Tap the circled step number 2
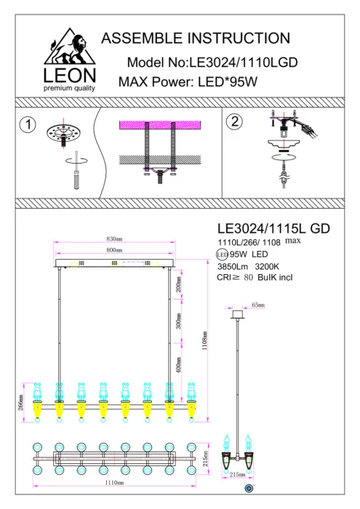point(234,121)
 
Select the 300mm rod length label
point(179,323)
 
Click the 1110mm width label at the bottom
point(113,482)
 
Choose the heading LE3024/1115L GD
point(273,228)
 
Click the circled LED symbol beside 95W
point(223,254)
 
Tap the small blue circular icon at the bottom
point(249,488)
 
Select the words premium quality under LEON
point(69,88)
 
